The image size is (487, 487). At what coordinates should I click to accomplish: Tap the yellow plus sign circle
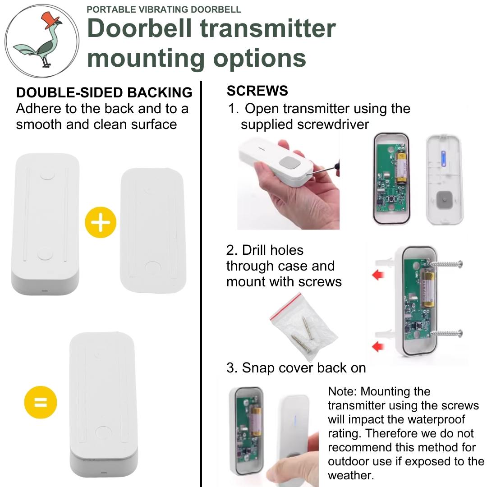[101, 222]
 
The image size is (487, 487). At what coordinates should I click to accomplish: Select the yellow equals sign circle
[40, 401]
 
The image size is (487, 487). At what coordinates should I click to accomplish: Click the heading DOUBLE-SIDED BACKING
[104, 92]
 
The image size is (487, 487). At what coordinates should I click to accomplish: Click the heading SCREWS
[257, 91]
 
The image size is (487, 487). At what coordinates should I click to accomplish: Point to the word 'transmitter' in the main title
[268, 28]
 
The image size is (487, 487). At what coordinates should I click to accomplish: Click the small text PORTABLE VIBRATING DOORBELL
[164, 9]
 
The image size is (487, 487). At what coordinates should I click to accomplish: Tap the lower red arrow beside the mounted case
[378, 346]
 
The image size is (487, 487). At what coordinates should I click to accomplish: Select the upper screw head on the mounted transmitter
[459, 264]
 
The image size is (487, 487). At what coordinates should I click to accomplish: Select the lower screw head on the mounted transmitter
[459, 334]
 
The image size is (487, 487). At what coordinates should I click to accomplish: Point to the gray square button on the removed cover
[444, 198]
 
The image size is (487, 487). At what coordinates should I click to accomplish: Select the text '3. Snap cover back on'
[296, 368]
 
